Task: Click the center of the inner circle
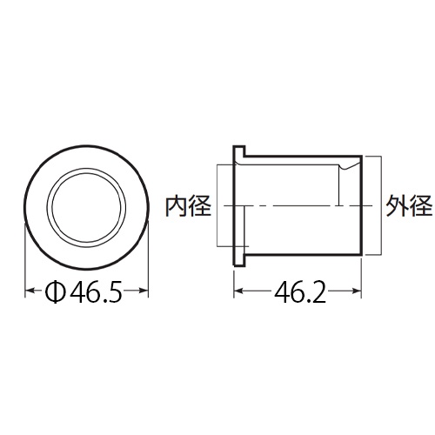(x=84, y=209)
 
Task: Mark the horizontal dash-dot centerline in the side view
(x=296, y=206)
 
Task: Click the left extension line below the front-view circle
(x=24, y=261)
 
